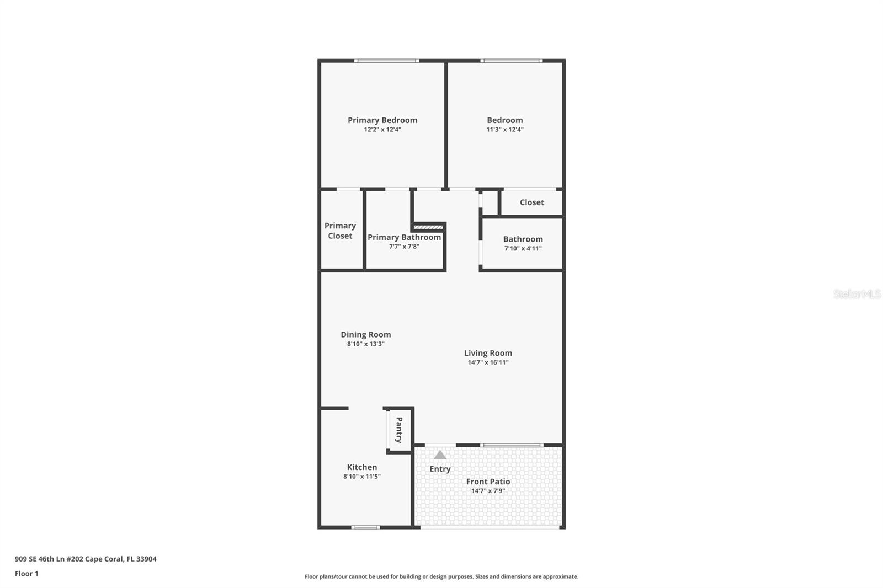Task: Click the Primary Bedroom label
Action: click(382, 120)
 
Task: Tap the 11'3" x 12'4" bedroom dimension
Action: click(504, 130)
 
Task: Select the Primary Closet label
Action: click(340, 231)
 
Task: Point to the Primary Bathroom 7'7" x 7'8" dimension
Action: click(404, 247)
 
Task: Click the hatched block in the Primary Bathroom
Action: click(428, 227)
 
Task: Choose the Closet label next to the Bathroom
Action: click(531, 202)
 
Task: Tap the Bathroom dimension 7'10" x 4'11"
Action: click(523, 249)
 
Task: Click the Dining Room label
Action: click(365, 334)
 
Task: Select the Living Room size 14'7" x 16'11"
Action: click(488, 362)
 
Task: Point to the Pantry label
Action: click(399, 430)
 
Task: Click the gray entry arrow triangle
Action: click(440, 455)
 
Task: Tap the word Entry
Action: click(440, 469)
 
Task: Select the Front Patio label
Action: click(488, 482)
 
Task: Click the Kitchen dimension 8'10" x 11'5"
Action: click(361, 477)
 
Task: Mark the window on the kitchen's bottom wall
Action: click(365, 527)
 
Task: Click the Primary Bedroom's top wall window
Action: click(386, 61)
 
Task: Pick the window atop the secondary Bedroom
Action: click(511, 61)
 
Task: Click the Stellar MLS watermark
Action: click(857, 294)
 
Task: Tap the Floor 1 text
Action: click(26, 574)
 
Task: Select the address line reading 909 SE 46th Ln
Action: click(86, 559)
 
